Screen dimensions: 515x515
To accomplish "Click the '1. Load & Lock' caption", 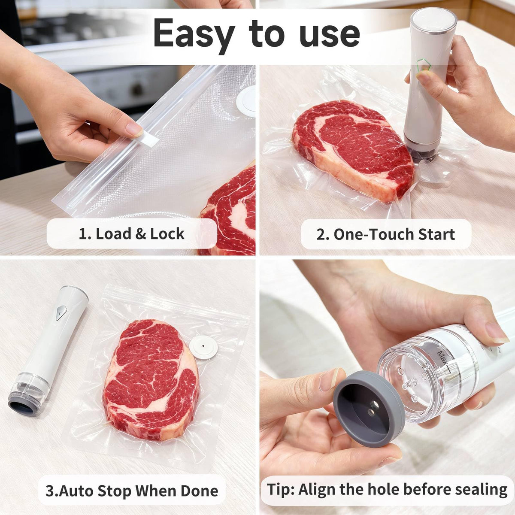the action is [x=131, y=234].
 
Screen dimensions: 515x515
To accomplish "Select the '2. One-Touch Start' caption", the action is [x=386, y=234].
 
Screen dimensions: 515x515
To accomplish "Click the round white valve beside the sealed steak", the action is [x=203, y=347].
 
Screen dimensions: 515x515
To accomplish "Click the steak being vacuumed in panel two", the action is [x=353, y=148].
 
